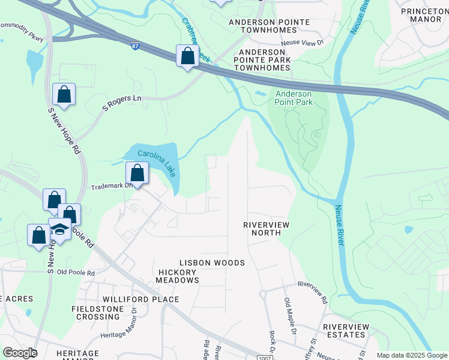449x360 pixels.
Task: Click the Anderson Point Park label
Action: click(294, 98)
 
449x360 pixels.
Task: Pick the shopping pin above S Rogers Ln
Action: click(64, 94)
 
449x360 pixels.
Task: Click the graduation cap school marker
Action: click(60, 229)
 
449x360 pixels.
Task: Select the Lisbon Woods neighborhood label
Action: click(212, 263)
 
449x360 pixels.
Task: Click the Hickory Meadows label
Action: click(177, 276)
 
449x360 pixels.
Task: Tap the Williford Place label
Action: click(141, 299)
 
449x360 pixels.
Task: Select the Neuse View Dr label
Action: click(304, 43)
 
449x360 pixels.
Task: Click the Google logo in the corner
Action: click(19, 353)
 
